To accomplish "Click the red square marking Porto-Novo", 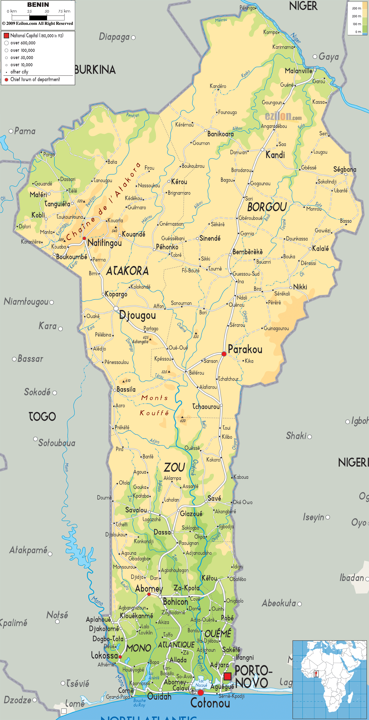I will pos(227,676).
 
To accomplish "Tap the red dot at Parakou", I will pos(224,354).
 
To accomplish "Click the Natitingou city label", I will pos(105,243).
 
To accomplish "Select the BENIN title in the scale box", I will pos(38,5).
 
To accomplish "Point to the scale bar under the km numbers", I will pos(38,18).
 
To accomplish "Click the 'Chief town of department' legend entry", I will pos(35,79).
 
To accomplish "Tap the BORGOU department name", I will pos(267,207).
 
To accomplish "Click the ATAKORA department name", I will pos(128,271).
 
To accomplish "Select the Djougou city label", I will pos(137,315).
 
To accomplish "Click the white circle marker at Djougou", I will pos(116,309).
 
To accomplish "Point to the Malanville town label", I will pos(298,71).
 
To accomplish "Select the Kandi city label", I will pos(275,155).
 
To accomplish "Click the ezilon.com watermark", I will pos(283,116).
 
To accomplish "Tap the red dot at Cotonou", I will pos(200,693).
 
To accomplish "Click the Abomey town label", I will pos(149,589).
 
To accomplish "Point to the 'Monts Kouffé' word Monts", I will pos(154,398).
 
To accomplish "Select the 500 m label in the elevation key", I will pos(356,8).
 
